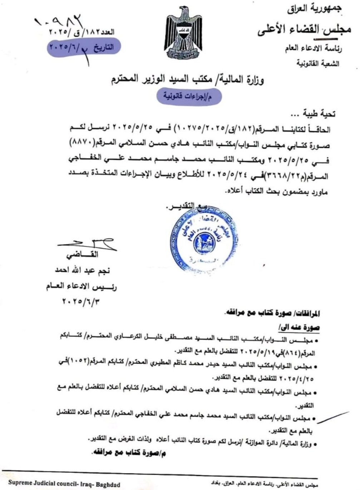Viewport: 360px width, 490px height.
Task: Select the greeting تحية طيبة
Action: (x=317, y=114)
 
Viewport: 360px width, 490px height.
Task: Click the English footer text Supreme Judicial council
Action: (x=64, y=484)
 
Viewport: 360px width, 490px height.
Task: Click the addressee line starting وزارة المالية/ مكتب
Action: (x=186, y=80)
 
